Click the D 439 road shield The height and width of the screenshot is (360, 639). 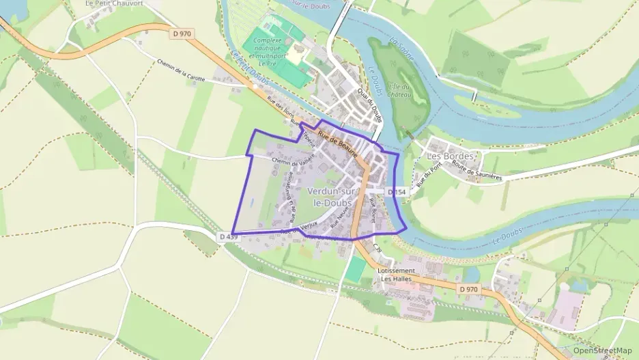(x=229, y=236)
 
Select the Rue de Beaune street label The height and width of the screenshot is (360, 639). (x=337, y=143)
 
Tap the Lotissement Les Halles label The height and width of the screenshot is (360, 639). (x=396, y=275)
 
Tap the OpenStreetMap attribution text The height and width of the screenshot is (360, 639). (x=603, y=350)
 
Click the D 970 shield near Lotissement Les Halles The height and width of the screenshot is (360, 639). (x=468, y=290)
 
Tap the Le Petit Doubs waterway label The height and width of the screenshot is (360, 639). (x=244, y=73)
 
